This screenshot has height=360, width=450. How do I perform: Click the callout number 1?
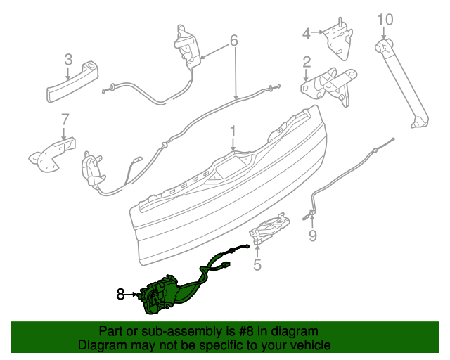(233, 131)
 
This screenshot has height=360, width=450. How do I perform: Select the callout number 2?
(307, 63)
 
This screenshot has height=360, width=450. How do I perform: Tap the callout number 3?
(68, 59)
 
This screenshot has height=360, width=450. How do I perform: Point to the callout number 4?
(307, 32)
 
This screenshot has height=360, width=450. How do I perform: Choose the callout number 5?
(257, 264)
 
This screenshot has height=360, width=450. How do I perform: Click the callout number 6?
(234, 41)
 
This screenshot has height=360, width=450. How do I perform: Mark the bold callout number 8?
(121, 295)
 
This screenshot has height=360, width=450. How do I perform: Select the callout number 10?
(385, 19)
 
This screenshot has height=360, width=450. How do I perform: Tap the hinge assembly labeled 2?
(330, 84)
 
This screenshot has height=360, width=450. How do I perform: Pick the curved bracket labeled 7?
(51, 153)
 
